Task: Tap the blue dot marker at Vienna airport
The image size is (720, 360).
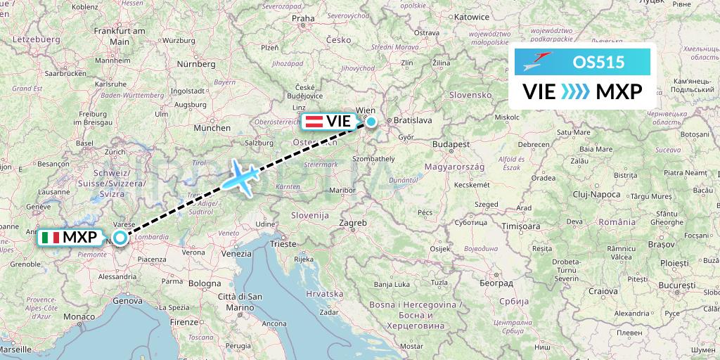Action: pyautogui.click(x=371, y=121)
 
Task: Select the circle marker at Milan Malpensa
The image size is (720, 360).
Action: pyautogui.click(x=121, y=238)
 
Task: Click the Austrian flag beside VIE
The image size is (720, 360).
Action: pyautogui.click(x=314, y=121)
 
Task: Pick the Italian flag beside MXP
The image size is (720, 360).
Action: pyautogui.click(x=51, y=238)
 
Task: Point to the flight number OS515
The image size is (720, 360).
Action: pyautogui.click(x=598, y=62)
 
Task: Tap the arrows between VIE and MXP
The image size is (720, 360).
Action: pyautogui.click(x=576, y=91)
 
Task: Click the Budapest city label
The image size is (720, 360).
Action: pyautogui.click(x=451, y=143)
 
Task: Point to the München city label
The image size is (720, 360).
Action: pyautogui.click(x=212, y=128)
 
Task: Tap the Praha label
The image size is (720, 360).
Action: pyautogui.click(x=303, y=18)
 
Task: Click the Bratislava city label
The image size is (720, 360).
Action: pyautogui.click(x=413, y=120)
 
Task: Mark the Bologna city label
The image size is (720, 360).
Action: pyautogui.click(x=204, y=283)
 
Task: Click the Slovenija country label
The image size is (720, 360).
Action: pyautogui.click(x=310, y=214)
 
